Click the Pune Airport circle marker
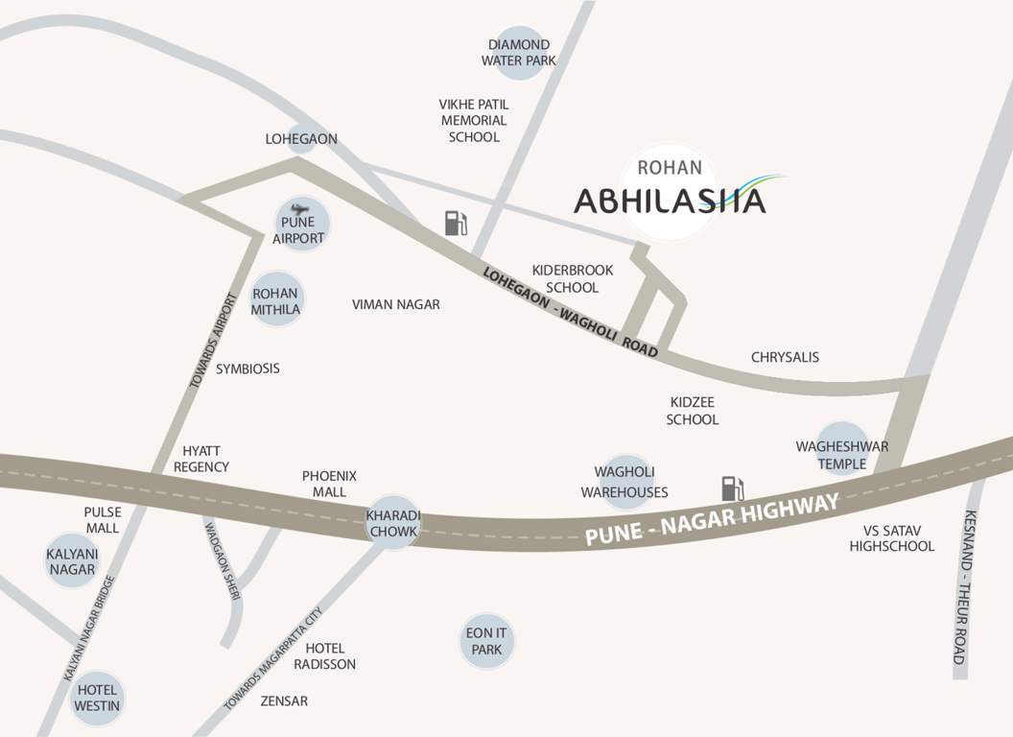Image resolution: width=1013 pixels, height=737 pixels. point(300,225)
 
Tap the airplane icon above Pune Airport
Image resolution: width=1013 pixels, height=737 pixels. point(299,208)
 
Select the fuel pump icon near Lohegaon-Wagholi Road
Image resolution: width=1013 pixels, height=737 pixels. point(456,223)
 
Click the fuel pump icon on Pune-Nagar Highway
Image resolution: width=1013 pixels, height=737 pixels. point(733,487)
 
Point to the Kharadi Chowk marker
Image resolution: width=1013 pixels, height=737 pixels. point(392,523)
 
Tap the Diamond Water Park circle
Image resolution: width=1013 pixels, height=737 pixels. point(519,53)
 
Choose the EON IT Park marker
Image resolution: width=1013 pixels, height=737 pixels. point(486,641)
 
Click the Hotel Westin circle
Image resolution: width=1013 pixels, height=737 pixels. point(97,698)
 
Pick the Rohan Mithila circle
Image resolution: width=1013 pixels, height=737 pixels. point(276,300)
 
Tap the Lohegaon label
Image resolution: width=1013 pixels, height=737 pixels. point(301,139)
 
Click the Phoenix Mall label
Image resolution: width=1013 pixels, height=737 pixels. point(329,484)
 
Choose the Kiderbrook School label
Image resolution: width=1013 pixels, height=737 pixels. point(572,278)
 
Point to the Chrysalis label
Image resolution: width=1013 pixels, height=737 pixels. point(785,357)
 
